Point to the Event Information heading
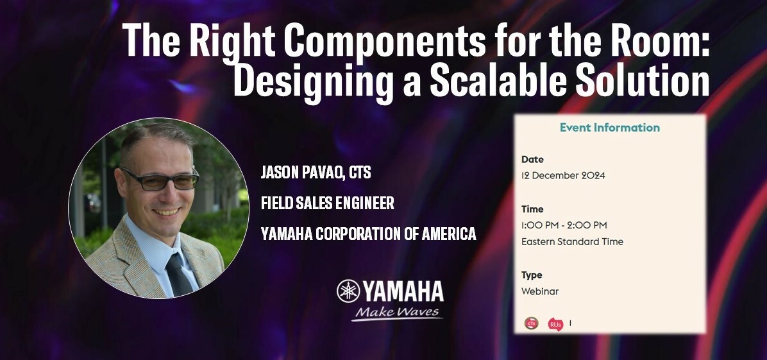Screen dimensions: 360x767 click(609, 127)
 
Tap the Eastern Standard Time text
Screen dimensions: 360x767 click(572, 242)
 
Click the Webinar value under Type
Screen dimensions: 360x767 click(539, 291)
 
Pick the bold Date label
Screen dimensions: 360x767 click(532, 159)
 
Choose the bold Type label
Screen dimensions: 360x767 click(532, 275)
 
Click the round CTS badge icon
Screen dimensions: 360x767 click(531, 323)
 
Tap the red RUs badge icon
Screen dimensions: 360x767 click(555, 324)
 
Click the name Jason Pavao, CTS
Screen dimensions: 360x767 click(316, 173)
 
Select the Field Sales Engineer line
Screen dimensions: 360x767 click(327, 203)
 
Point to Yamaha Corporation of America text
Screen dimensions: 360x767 click(368, 234)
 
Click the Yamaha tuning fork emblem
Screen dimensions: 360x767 click(348, 291)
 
